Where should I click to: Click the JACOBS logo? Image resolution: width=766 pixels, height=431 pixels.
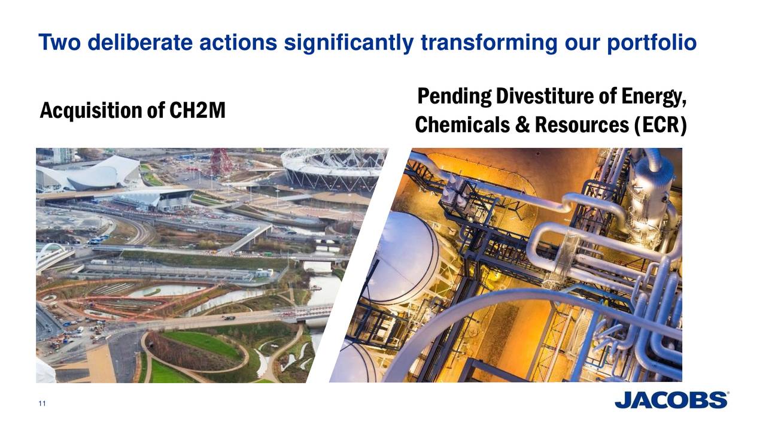click(671, 400)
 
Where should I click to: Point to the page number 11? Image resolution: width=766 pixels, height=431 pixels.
click(42, 405)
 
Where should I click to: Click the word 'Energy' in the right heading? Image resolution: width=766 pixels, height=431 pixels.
click(653, 96)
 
